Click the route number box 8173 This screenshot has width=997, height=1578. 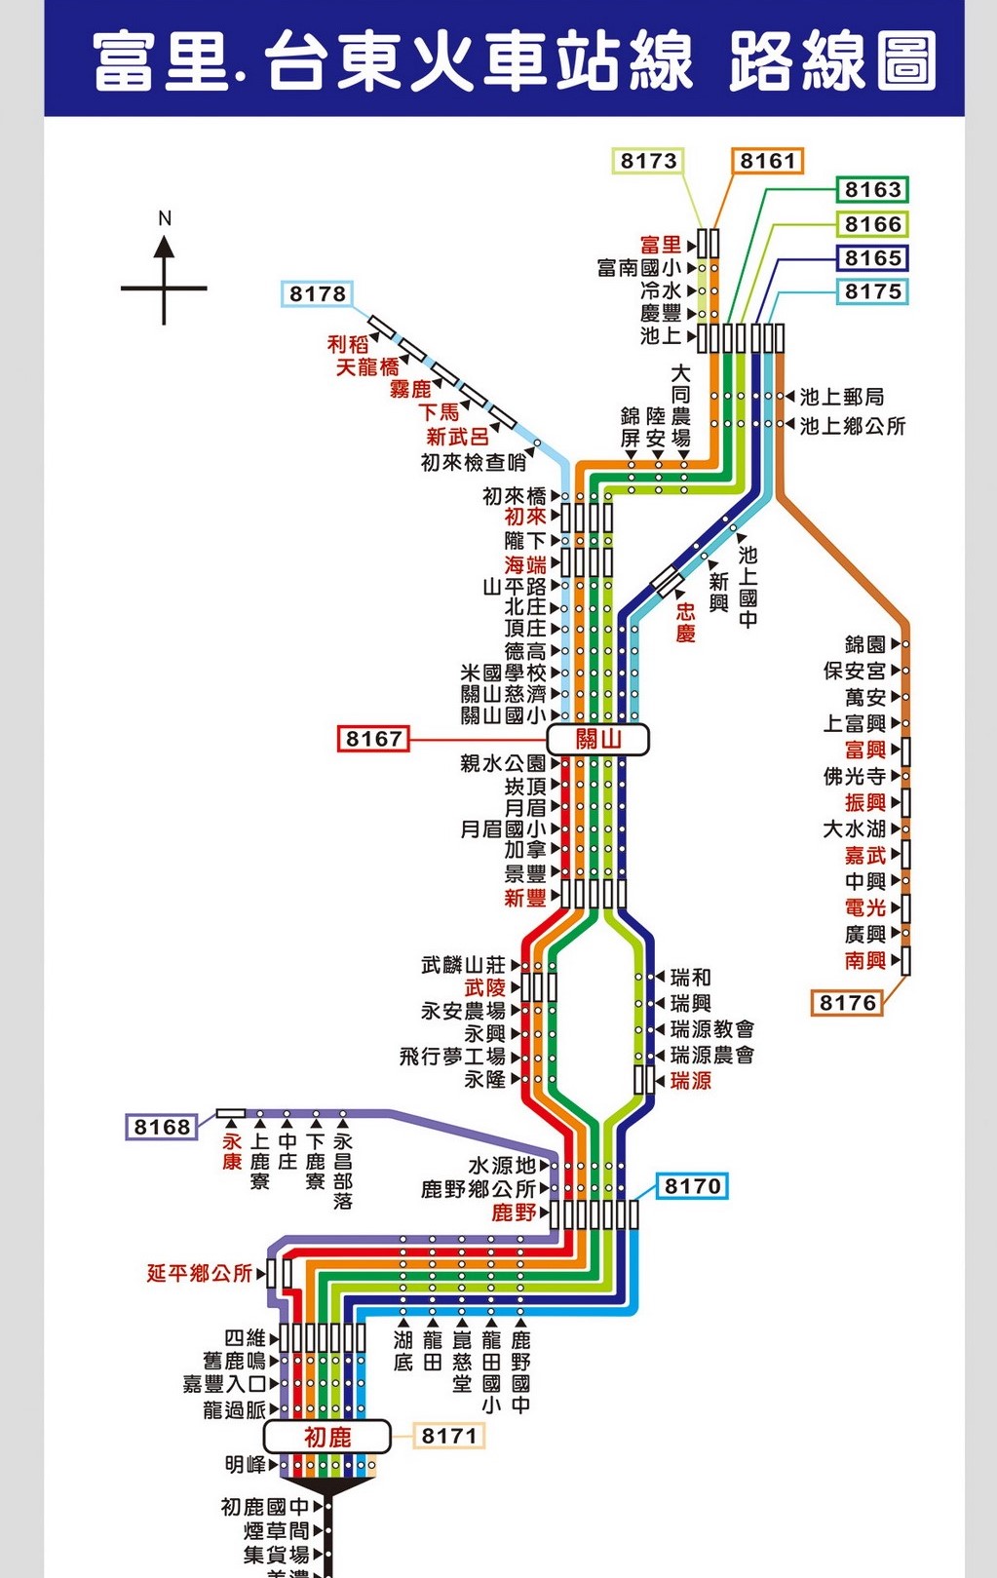click(x=649, y=161)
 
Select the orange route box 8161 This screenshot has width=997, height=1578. click(x=767, y=161)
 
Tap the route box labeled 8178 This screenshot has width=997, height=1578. click(x=318, y=293)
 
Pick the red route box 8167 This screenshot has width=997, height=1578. click(x=373, y=739)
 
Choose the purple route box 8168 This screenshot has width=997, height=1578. click(x=162, y=1127)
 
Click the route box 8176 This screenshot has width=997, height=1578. click(x=848, y=1003)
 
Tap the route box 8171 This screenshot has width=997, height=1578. click(x=449, y=1436)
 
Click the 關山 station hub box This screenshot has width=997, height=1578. click(x=597, y=739)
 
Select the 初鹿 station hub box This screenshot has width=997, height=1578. click(x=327, y=1437)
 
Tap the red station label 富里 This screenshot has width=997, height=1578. click(x=661, y=245)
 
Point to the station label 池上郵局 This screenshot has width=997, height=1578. click(x=842, y=397)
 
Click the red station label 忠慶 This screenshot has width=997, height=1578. click(x=686, y=622)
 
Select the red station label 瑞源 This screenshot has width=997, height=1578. click(x=691, y=1081)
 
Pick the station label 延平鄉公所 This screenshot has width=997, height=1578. click(x=200, y=1273)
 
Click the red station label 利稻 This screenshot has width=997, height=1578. click(x=348, y=344)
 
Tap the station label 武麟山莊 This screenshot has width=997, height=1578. click(x=464, y=965)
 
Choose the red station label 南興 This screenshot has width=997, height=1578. click(x=865, y=961)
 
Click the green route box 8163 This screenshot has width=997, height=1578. click(x=872, y=189)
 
